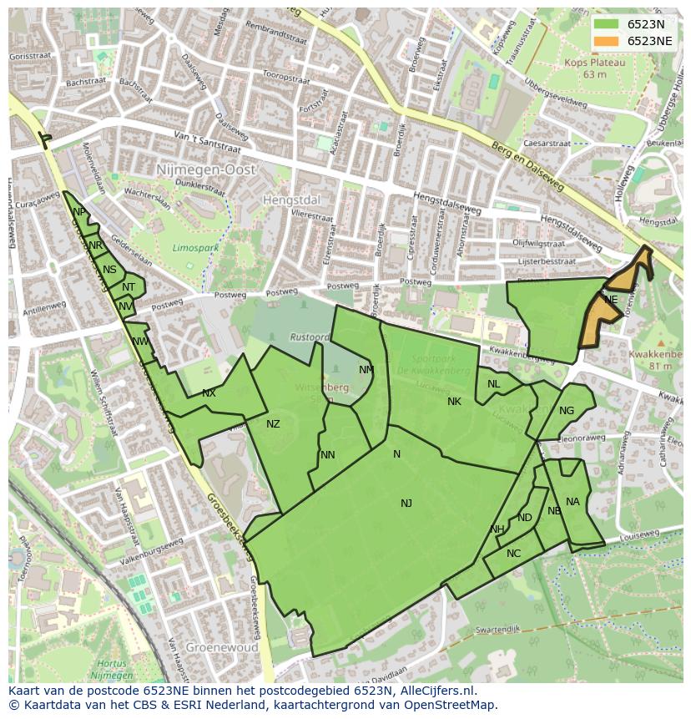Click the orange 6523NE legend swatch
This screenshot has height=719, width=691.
(607, 41)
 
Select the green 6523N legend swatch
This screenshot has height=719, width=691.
(607, 24)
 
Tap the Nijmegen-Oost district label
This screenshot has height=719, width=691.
(206, 170)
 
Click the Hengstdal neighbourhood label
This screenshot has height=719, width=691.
(291, 200)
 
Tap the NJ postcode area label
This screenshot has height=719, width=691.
(406, 503)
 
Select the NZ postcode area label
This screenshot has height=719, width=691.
(273, 424)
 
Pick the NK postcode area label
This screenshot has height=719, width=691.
(454, 402)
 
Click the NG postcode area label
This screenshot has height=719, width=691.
(567, 410)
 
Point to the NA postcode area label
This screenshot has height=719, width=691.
(572, 502)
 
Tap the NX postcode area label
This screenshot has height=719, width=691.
(209, 393)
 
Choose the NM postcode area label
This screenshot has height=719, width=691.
(366, 370)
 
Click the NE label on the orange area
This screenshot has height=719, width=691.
(611, 300)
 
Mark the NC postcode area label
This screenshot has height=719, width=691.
(513, 554)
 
